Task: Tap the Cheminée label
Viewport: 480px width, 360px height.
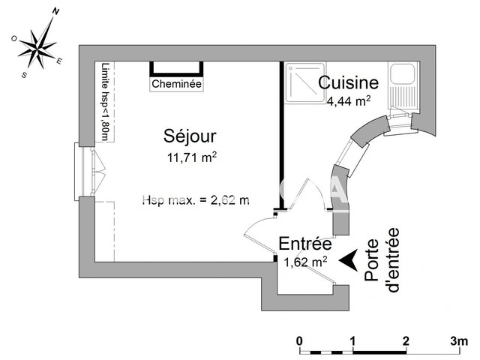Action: pos(176,85)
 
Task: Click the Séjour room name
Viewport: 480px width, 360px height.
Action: pos(190,136)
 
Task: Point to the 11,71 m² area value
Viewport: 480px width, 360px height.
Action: pos(192,157)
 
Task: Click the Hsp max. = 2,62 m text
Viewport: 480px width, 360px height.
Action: pos(195,199)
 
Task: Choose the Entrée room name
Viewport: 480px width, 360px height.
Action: pos(305,244)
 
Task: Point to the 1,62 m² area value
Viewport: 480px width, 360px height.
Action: pos(305,262)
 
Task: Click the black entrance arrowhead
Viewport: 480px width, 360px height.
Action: pos(347,259)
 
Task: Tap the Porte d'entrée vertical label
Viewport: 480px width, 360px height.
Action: pos(381,255)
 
